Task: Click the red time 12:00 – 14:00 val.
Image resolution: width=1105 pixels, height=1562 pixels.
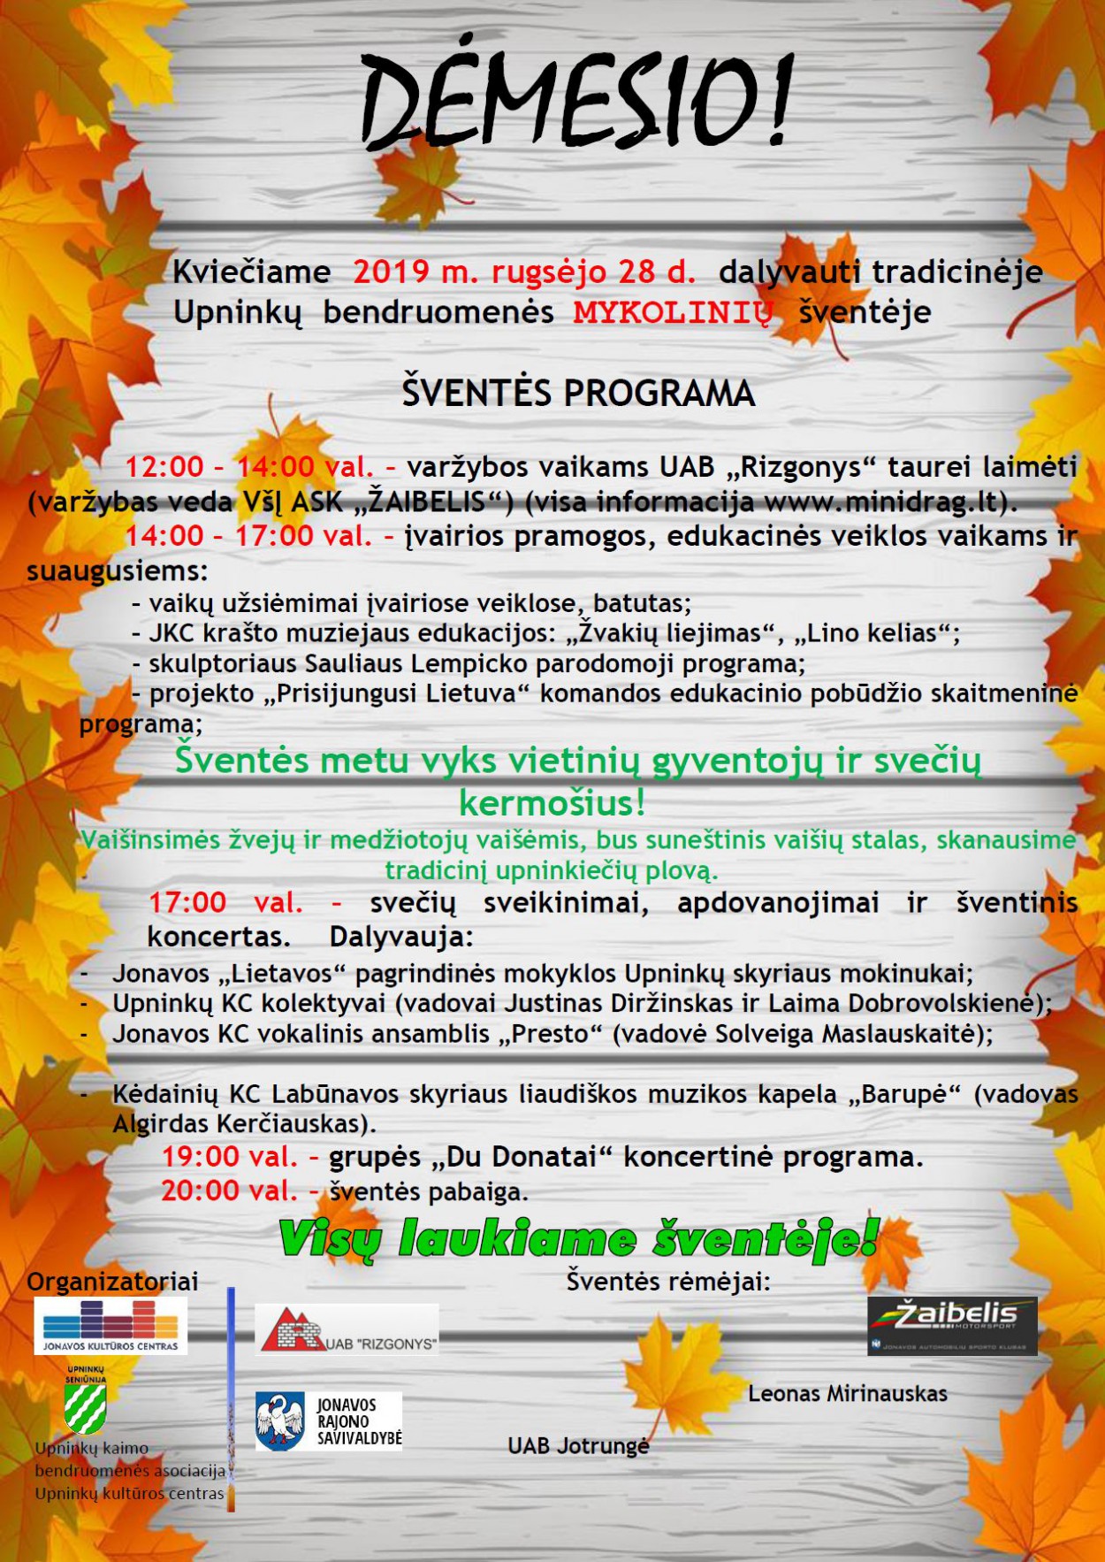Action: coord(249,467)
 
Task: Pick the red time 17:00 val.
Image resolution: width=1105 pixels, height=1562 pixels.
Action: coord(225,903)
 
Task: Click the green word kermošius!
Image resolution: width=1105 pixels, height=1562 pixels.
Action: coord(552,803)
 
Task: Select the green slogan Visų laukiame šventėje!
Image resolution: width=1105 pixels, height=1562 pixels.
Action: coord(579,1237)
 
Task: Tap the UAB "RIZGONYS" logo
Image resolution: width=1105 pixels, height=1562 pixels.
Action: coord(347,1329)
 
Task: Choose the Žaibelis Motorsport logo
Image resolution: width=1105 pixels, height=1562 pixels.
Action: coord(952,1325)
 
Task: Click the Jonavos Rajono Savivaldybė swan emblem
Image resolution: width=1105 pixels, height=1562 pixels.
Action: coord(279,1421)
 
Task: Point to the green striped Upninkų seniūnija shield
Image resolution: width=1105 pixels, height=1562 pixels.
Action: coord(85,1407)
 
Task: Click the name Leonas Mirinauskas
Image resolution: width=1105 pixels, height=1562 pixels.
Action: coord(847,1394)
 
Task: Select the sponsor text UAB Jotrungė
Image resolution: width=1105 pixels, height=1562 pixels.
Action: coord(578,1446)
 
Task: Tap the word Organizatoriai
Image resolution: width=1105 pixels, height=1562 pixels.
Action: coord(112,1282)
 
